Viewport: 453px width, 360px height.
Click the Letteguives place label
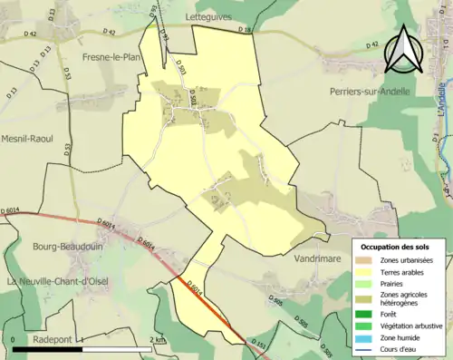tap(209, 16)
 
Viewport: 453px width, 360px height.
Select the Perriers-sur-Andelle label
tap(370, 92)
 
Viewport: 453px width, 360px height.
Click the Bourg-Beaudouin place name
tap(53, 246)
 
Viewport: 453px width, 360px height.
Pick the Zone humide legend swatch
tap(365, 336)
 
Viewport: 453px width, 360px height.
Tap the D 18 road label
tap(244, 31)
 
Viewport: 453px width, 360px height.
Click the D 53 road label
tap(66, 73)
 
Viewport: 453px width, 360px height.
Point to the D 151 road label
tap(259, 345)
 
